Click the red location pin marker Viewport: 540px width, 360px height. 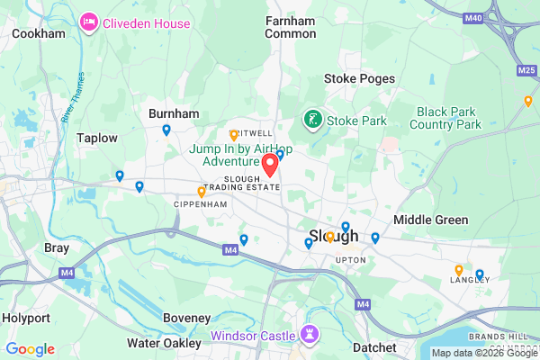tap(269, 165)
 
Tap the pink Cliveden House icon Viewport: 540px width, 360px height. tap(90, 22)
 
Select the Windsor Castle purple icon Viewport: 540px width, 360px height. tap(311, 335)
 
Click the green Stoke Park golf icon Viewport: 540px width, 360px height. tap(312, 119)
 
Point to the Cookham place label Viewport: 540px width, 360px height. tap(39, 33)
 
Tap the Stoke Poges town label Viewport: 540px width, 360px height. tap(359, 78)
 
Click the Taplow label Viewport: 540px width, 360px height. tap(97, 138)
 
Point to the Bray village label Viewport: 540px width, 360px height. tap(57, 247)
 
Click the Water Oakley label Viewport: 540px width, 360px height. tap(163, 342)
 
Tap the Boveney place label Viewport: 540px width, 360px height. tap(186, 318)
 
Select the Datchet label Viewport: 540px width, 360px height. tap(374, 347)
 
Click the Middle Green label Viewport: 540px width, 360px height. tap(430, 220)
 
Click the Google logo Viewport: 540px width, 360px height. tap(30, 349)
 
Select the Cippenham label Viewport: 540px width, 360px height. tap(201, 204)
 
